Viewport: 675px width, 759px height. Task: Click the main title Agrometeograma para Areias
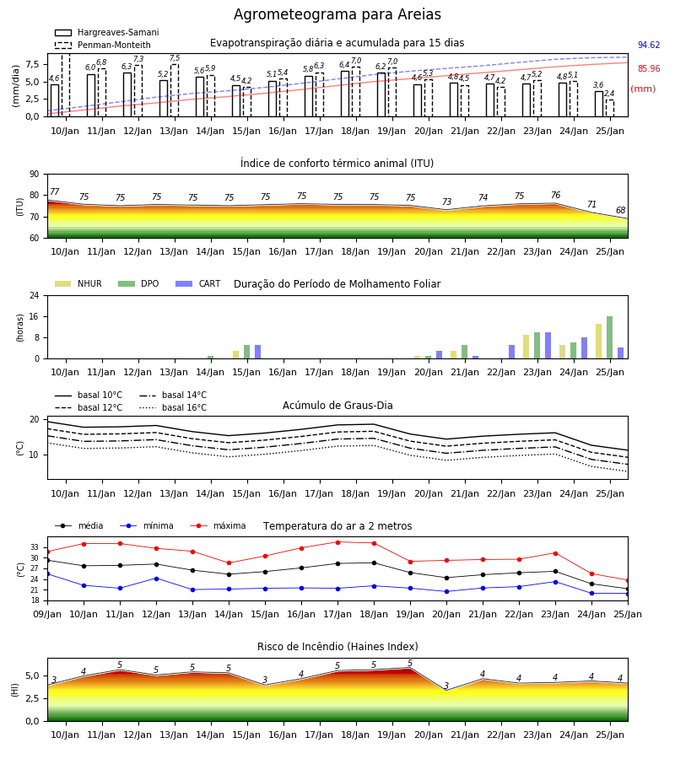pos(337,14)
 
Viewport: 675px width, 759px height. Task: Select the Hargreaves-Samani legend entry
pos(107,32)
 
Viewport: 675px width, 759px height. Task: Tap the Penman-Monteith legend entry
pos(103,45)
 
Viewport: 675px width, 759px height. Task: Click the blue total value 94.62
pos(649,45)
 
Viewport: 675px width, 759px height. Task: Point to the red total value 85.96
pos(649,69)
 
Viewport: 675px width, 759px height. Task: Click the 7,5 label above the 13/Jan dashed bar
pos(175,58)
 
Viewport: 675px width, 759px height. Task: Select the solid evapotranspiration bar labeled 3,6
pos(599,104)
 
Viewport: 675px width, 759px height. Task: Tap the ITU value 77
pos(55,191)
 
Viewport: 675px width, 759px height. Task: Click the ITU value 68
pos(621,210)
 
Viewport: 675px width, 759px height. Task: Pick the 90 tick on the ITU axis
pos(35,175)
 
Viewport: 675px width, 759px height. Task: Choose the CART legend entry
pos(198,283)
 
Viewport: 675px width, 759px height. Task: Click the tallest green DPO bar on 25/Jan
pos(610,337)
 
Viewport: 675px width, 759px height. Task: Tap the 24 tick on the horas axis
pos(35,295)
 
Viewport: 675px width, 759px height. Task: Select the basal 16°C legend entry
pos(173,407)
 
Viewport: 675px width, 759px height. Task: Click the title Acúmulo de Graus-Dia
pos(337,406)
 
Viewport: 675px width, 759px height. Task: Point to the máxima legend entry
pos(218,525)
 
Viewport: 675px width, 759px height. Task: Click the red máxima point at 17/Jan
pos(337,542)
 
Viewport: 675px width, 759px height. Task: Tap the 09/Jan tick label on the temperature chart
pos(47,614)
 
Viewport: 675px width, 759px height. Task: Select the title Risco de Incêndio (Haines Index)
pos(337,647)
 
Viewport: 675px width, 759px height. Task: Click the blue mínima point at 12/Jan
pos(156,579)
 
